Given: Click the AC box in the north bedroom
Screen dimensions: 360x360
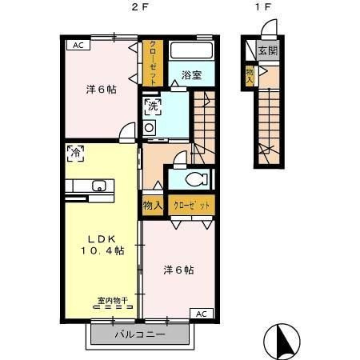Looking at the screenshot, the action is [78, 45].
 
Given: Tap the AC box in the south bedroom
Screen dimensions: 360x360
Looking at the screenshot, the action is [202, 314].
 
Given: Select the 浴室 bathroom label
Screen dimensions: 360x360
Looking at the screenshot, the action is [191, 75].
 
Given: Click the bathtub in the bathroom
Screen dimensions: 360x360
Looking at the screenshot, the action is [191, 50].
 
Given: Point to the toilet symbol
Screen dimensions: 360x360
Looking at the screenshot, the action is [197, 179].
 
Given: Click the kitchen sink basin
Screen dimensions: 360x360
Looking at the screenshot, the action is [99, 186].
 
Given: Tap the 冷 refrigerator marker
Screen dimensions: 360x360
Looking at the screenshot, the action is [76, 154].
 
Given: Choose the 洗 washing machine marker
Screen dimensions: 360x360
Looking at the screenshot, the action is [153, 106].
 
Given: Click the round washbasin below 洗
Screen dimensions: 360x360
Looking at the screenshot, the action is [149, 128].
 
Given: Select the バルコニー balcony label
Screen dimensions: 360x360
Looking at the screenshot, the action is [140, 334].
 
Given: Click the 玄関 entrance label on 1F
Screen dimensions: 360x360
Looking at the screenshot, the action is [268, 50].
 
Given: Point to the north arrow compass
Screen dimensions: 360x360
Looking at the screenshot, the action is [282, 342].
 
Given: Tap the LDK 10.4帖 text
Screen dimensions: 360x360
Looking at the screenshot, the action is [102, 245].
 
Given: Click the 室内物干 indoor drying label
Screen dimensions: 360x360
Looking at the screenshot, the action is [113, 301].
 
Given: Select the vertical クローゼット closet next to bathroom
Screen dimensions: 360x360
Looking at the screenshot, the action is [153, 63].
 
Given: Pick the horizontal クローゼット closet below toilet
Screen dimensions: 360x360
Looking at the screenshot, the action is [191, 205].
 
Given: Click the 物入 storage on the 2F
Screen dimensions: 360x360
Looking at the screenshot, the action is [153, 205].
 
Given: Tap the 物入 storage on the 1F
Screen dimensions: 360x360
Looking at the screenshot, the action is [250, 76].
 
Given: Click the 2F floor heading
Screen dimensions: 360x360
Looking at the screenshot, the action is [139, 7].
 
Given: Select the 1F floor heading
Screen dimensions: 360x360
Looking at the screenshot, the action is [263, 7].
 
